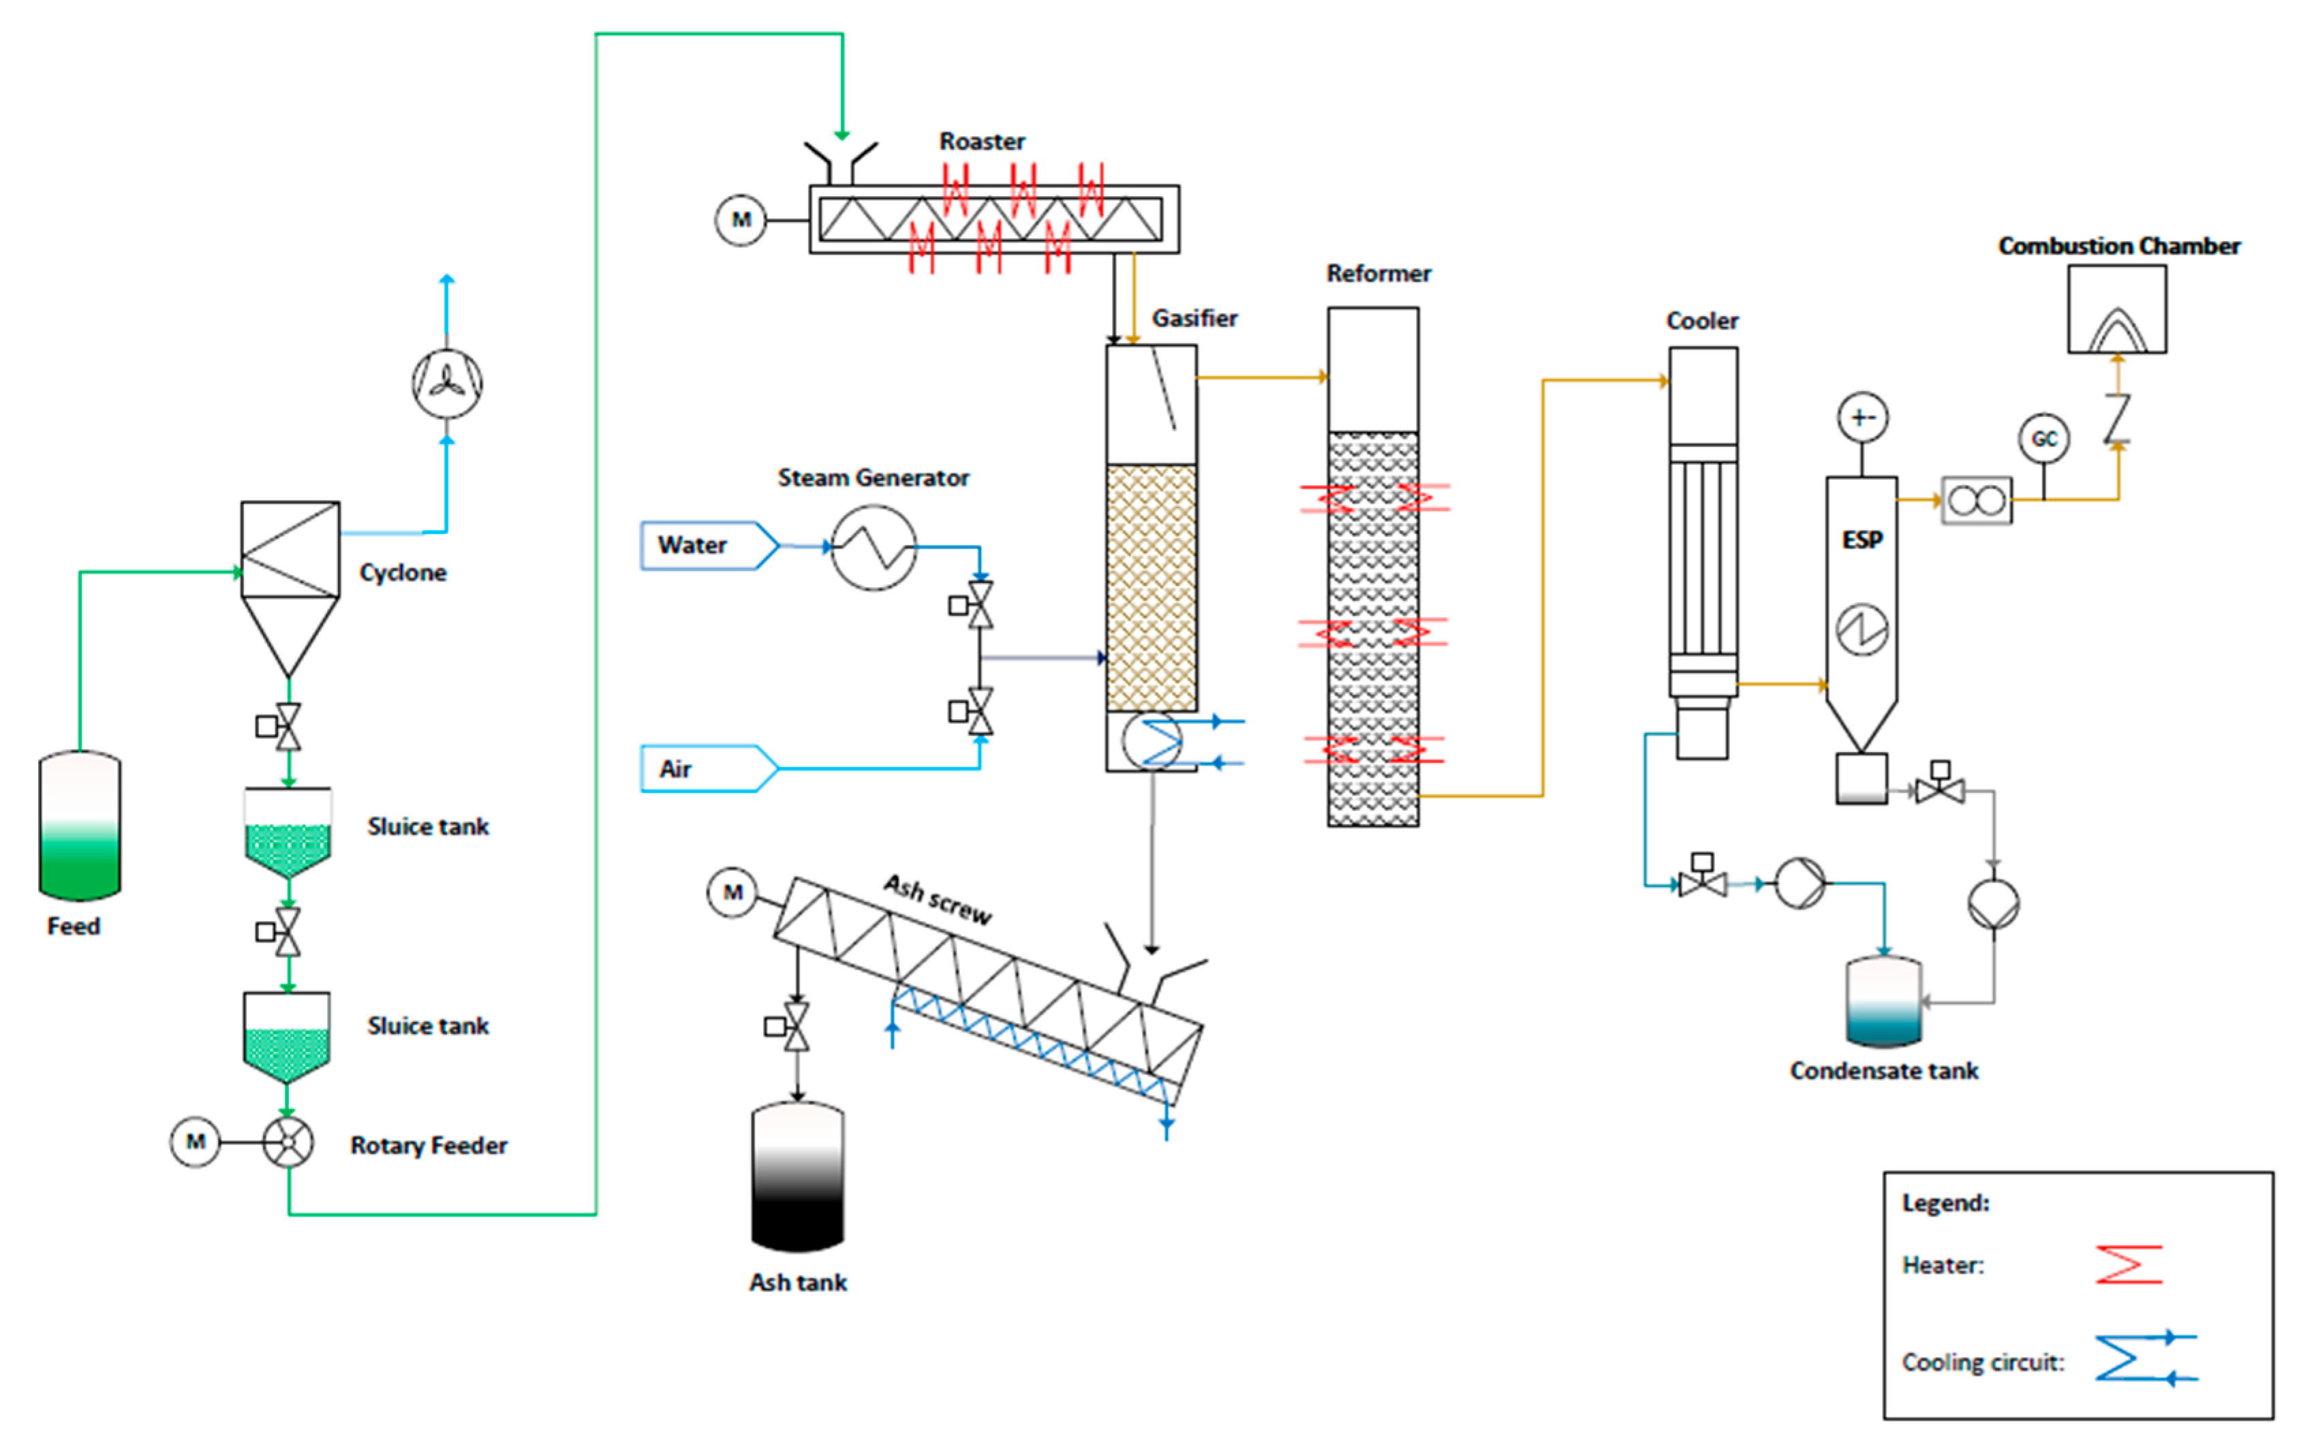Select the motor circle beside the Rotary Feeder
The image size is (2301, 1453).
(x=195, y=1142)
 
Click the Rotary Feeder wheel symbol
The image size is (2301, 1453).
(x=288, y=1142)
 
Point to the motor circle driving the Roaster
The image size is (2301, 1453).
(x=741, y=220)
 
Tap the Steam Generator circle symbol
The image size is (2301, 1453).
(x=874, y=548)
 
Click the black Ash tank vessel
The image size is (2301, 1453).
(x=797, y=1177)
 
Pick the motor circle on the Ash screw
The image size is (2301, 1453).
(x=732, y=892)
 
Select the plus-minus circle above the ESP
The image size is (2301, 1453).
(x=1862, y=418)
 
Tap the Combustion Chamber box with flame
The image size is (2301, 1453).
(x=2116, y=309)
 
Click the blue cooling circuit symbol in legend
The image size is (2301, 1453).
(x=2144, y=1358)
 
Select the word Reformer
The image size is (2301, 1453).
(x=1378, y=274)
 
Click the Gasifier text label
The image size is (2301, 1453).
(x=1194, y=318)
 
